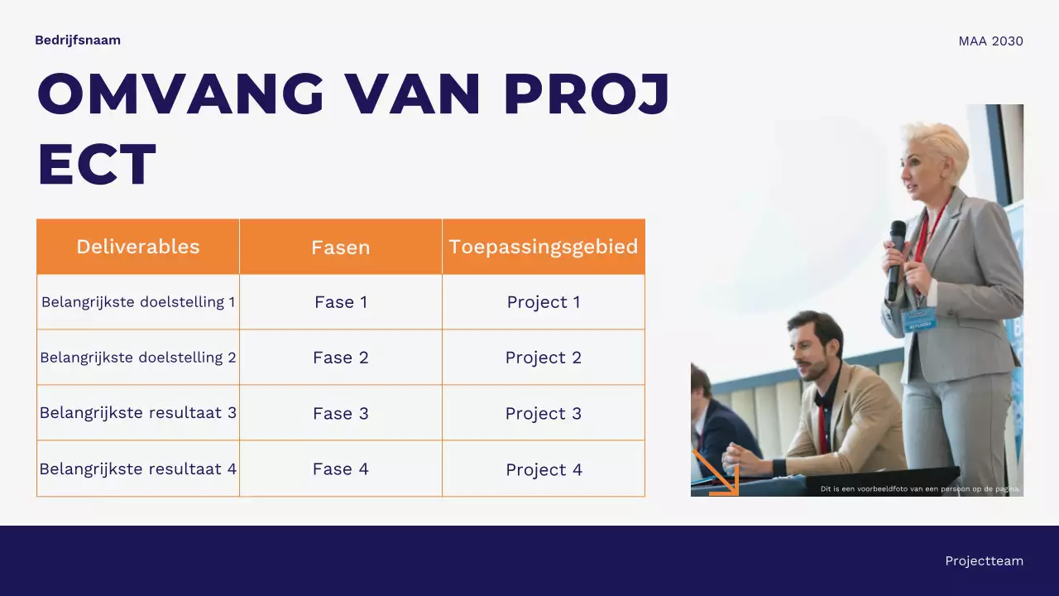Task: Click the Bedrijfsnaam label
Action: click(78, 40)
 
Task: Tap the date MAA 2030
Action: click(990, 41)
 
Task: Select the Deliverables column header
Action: click(138, 247)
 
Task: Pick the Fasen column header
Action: click(340, 248)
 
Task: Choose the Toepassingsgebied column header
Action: click(544, 247)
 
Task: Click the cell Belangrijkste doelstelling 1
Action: click(138, 302)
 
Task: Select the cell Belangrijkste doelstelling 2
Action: click(138, 358)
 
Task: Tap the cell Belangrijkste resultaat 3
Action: click(138, 413)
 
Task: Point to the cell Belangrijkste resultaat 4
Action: click(138, 469)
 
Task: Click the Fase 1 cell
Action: click(340, 302)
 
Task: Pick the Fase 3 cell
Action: click(340, 413)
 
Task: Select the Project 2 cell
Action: click(544, 358)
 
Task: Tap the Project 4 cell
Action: click(544, 469)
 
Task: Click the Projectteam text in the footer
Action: click(984, 561)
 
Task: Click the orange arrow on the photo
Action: click(716, 473)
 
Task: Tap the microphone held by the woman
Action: click(896, 257)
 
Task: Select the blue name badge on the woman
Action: click(919, 319)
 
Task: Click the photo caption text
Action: click(920, 489)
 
